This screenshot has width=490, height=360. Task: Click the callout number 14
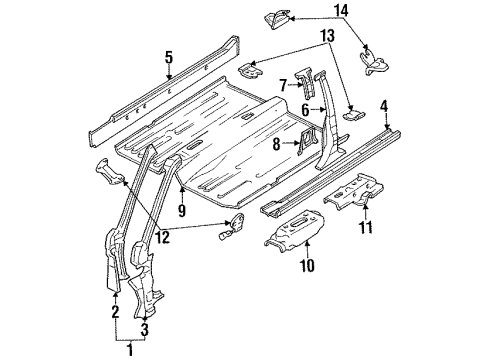[341, 11]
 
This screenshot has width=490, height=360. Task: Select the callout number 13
[327, 35]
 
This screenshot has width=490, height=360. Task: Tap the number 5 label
[169, 57]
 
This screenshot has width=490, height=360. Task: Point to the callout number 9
[182, 210]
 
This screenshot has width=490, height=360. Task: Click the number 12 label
[163, 237]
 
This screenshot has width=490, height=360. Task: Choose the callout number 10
[307, 265]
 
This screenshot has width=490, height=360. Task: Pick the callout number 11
[366, 227]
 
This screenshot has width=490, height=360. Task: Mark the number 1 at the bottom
[131, 350]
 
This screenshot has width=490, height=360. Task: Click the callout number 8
[276, 145]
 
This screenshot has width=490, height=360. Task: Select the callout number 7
[283, 85]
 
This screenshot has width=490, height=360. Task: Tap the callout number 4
[384, 107]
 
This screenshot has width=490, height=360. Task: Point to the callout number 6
[305, 109]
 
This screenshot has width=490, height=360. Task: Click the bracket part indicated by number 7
[305, 83]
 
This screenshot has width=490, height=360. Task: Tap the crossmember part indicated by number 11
[354, 192]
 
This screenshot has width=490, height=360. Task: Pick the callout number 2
[115, 312]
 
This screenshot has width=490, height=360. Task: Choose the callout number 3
[145, 330]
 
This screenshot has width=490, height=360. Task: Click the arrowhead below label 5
[169, 77]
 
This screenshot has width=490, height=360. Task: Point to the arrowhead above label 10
[307, 243]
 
